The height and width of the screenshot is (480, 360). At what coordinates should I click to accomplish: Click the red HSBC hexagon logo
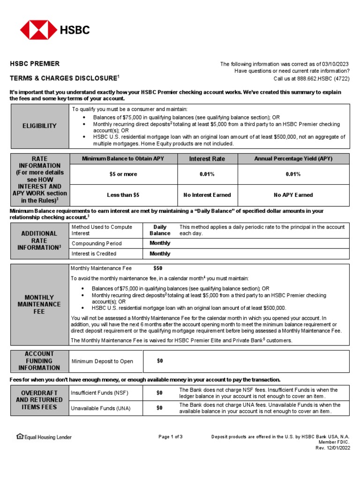37,30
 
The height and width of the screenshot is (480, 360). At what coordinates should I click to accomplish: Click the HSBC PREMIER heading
35,64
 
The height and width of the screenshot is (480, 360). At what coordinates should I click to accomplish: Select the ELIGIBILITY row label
39,126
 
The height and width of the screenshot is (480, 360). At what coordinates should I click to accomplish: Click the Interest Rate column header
207,159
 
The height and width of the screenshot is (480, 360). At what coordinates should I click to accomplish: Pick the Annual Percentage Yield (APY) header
293,159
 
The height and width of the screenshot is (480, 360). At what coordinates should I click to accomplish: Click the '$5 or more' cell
123,174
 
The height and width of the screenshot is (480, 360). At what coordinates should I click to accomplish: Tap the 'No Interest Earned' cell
207,195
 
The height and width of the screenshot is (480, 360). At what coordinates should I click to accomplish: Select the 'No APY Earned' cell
293,195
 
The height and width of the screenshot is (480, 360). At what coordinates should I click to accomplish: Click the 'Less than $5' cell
123,195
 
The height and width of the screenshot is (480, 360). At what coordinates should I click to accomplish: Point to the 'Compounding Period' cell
97,244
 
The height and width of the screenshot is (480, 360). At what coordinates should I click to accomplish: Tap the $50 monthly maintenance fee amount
158,269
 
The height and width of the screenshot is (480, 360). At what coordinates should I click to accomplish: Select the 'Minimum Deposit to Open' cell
102,361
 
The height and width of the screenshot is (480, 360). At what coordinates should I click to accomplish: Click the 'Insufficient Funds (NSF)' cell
99,393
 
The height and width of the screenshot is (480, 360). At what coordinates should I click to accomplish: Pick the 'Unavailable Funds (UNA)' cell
100,408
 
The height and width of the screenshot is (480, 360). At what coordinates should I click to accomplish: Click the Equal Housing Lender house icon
20,437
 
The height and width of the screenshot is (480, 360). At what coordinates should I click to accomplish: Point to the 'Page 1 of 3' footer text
170,437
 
